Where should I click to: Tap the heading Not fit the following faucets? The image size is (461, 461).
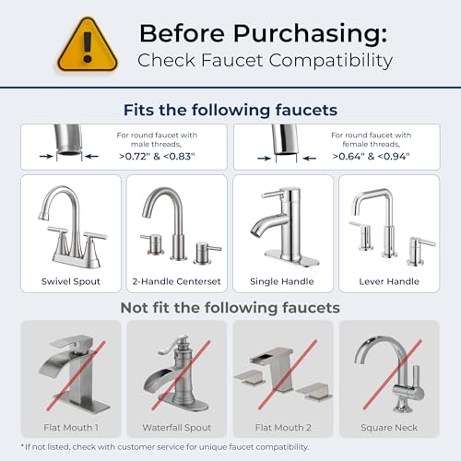point(230,306)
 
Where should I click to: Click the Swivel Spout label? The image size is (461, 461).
point(70,280)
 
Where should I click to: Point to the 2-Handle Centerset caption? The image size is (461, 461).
point(176,280)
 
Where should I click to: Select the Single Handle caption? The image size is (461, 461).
point(282,280)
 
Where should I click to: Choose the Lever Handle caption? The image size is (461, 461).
point(388,280)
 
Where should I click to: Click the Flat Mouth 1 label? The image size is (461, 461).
point(70,426)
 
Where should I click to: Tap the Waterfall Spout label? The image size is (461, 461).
point(176,426)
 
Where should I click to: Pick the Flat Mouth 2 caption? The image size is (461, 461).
point(282,426)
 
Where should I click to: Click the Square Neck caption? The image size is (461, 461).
point(388,426)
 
